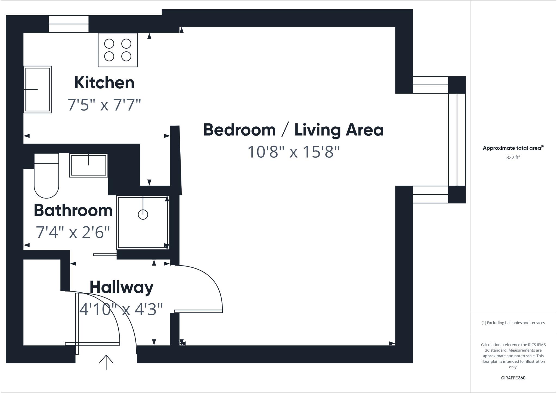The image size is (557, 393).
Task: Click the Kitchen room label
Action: (x=104, y=83)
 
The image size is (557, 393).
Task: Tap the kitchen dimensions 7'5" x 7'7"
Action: (x=104, y=105)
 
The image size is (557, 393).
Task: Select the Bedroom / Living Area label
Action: (x=293, y=130)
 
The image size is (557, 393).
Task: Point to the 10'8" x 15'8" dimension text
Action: (x=293, y=152)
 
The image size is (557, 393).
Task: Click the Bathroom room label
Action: (x=73, y=210)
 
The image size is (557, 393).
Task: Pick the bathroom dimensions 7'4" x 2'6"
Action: (x=73, y=232)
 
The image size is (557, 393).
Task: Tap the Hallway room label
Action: (x=121, y=287)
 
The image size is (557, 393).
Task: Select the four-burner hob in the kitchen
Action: (x=118, y=50)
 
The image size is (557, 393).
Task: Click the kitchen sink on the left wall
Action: (x=38, y=89)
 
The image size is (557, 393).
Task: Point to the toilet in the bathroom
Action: (x=46, y=177)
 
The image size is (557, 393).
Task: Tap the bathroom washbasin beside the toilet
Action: (x=88, y=165)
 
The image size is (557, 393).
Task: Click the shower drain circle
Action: (x=143, y=214)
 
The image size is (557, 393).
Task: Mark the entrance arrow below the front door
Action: (x=106, y=362)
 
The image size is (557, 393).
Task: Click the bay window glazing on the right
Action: (x=457, y=139)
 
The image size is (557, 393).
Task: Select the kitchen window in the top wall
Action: (x=69, y=24)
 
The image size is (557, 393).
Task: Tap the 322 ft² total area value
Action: (x=513, y=157)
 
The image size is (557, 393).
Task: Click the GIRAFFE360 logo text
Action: (x=513, y=378)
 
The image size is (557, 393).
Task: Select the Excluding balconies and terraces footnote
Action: (x=513, y=323)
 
